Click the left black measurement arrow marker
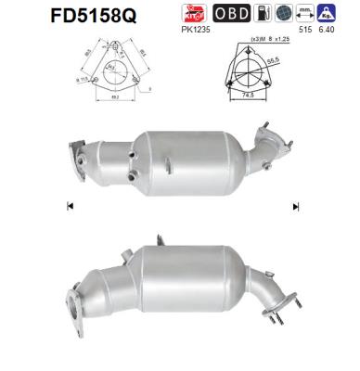[70, 206]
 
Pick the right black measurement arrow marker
[296, 206]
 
